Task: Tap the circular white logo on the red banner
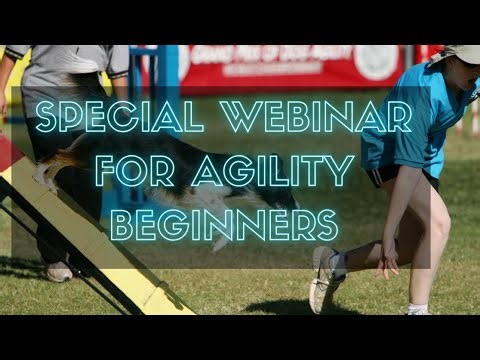(375, 62)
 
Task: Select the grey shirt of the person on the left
(70, 75)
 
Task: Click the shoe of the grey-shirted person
(58, 270)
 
